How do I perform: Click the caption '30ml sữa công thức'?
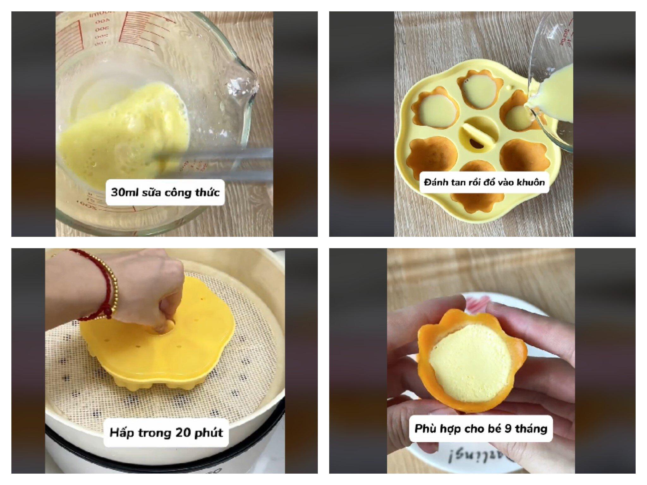point(165,192)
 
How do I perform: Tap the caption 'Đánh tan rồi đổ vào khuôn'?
point(484,183)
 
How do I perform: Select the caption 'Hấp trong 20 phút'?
point(166,432)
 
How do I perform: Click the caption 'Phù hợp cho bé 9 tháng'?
point(481,428)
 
